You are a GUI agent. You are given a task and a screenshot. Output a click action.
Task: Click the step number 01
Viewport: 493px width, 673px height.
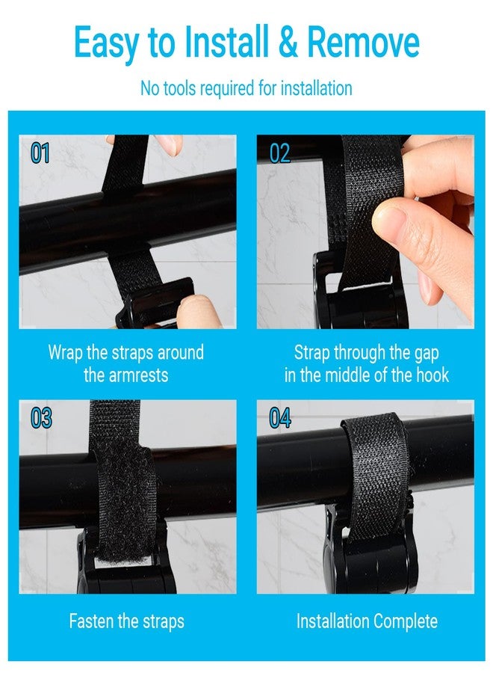(x=40, y=153)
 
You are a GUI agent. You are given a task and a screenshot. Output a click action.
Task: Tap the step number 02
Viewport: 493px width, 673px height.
(x=279, y=153)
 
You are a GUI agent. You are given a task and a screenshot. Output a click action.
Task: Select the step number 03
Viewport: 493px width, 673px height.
(x=41, y=418)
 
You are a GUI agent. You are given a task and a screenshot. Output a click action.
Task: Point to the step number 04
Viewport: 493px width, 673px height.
(x=280, y=418)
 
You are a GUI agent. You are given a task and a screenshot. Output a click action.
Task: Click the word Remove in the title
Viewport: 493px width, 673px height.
(x=363, y=42)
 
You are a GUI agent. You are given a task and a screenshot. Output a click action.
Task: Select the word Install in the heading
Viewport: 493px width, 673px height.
(x=226, y=42)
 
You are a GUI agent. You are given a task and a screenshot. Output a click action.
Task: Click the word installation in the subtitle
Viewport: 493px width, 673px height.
(x=317, y=88)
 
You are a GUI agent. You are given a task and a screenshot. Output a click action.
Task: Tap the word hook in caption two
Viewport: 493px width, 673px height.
(x=432, y=375)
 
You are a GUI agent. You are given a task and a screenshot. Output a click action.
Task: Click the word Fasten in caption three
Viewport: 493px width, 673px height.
(x=91, y=621)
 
